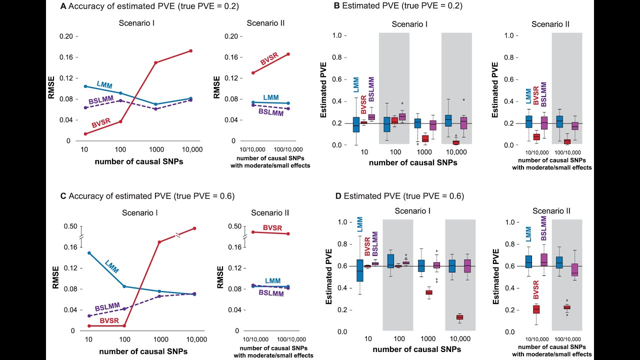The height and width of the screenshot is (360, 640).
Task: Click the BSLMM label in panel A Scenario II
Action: [271, 112]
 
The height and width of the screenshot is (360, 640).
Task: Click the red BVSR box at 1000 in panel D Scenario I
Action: [428, 292]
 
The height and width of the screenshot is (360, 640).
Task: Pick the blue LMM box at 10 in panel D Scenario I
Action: [359, 277]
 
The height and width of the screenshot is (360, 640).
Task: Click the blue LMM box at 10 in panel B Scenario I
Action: [355, 125]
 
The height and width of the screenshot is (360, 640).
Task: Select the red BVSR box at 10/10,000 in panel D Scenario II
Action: [536, 309]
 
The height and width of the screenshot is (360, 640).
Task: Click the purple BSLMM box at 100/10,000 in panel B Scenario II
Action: [575, 126]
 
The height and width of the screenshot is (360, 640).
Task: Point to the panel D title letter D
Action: [338, 195]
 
